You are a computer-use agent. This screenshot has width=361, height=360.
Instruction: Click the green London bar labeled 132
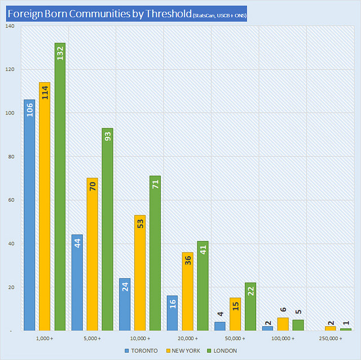60,186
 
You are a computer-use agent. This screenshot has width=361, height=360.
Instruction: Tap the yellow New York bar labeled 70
93,254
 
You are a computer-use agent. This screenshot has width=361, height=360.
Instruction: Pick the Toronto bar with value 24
125,304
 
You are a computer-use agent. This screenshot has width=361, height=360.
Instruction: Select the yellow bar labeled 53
140,273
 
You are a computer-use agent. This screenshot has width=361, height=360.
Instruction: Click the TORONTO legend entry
141,350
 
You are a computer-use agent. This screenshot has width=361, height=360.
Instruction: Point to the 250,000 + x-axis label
330,338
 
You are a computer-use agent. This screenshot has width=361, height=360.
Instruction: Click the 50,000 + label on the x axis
235,338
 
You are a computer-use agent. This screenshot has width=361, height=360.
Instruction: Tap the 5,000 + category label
92,338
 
